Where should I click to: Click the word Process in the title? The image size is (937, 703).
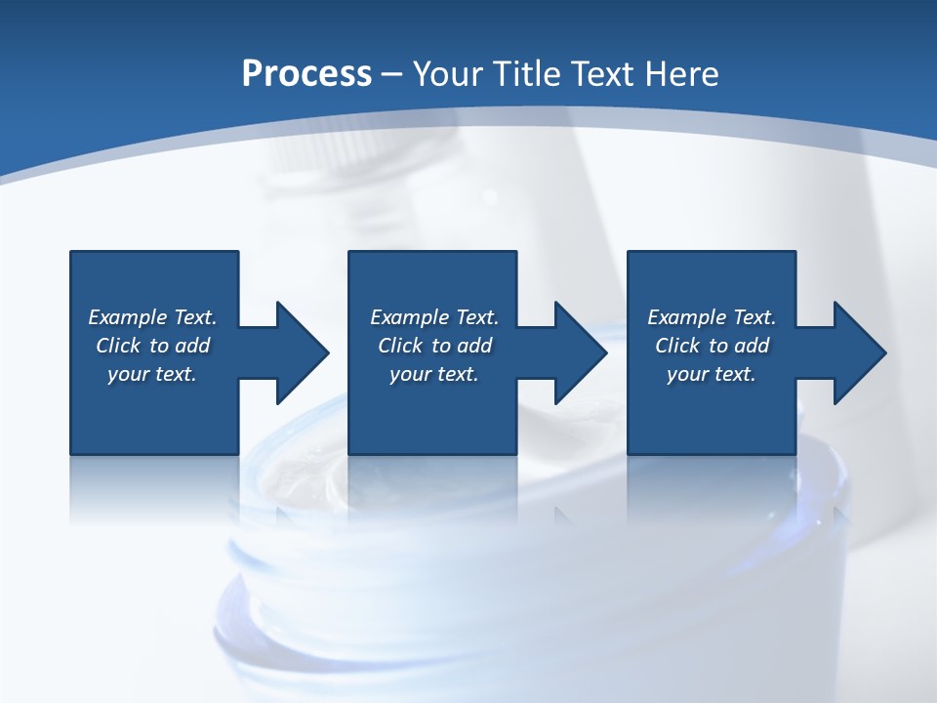pyautogui.click(x=306, y=73)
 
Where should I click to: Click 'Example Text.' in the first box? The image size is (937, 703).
pyautogui.click(x=153, y=317)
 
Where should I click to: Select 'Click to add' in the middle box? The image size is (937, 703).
pyautogui.click(x=434, y=346)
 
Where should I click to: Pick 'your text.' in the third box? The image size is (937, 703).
pyautogui.click(x=712, y=374)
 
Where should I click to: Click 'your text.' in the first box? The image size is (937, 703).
pyautogui.click(x=153, y=374)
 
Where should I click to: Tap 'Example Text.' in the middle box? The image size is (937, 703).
pyautogui.click(x=434, y=317)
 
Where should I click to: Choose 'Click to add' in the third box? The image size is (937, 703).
pyautogui.click(x=712, y=346)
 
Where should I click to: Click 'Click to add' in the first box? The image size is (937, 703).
pyautogui.click(x=153, y=346)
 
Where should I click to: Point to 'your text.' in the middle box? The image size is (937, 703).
pyautogui.click(x=434, y=374)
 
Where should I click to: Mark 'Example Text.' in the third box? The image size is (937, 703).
pyautogui.click(x=712, y=317)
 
